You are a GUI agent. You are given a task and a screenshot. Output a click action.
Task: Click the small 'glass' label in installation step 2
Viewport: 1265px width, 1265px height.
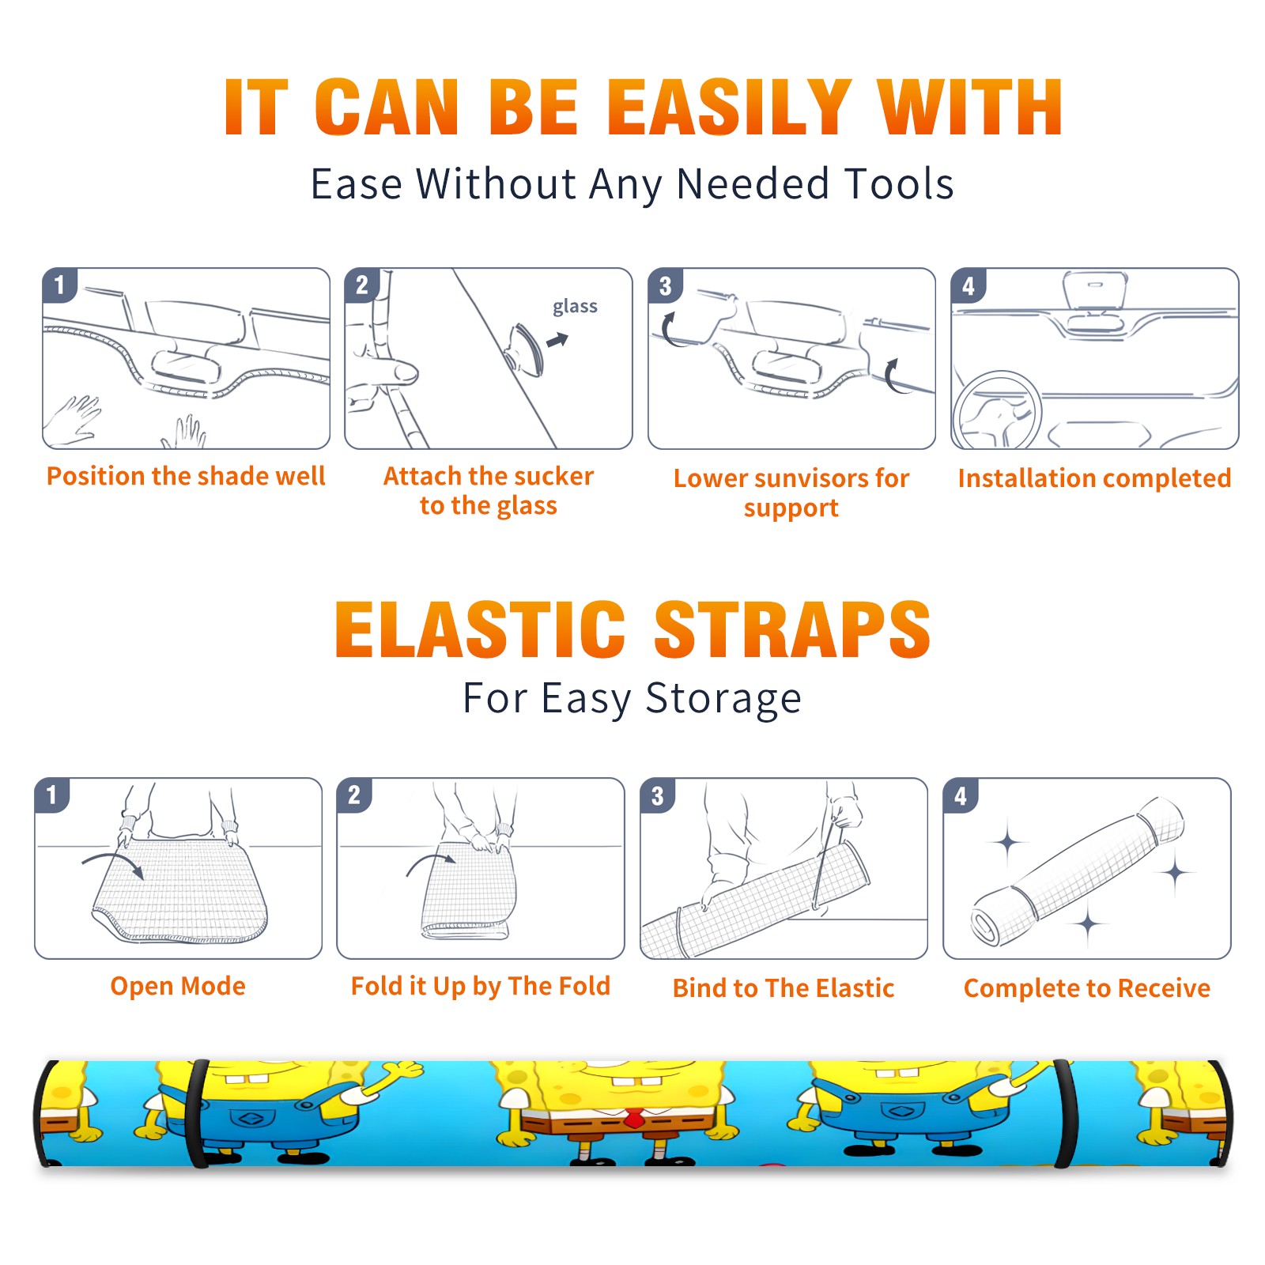coord(575,306)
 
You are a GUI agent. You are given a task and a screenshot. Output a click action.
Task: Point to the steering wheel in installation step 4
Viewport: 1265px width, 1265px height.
coord(996,410)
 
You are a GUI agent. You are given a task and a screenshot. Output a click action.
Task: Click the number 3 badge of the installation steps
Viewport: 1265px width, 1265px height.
coord(665,286)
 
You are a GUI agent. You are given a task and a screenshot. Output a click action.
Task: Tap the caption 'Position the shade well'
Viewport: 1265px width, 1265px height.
coord(186,476)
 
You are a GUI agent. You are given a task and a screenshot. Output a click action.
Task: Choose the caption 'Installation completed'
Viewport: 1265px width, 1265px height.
coord(1094,478)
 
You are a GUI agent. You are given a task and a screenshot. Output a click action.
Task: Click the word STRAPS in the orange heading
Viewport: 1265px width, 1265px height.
coord(792,629)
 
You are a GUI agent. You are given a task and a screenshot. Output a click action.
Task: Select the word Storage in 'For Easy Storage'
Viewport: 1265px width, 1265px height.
coord(723,699)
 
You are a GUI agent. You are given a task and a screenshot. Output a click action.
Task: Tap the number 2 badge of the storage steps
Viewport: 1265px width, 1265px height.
coord(354,795)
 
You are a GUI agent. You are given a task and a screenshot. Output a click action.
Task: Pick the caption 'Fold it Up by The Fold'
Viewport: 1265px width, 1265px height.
coord(480,986)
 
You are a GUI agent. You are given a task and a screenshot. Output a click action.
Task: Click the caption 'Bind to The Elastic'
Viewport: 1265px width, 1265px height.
coord(783,988)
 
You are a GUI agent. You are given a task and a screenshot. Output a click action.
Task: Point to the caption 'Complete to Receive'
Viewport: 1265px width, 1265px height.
coord(1086,988)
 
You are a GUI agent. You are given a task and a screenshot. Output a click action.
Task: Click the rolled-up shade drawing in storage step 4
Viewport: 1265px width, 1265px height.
coord(1078,870)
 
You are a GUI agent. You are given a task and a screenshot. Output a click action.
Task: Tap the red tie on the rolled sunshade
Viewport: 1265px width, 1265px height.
coord(633,1117)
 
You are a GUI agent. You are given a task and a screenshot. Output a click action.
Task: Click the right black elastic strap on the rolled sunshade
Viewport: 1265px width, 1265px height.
coord(1065,1114)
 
